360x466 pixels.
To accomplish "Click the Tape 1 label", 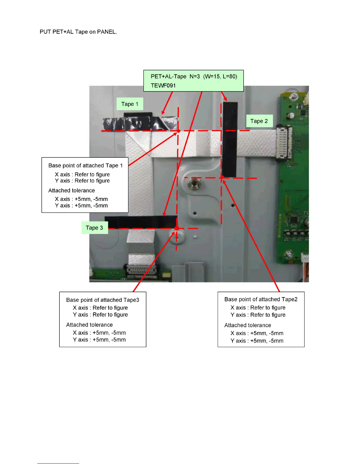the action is click(x=130, y=104).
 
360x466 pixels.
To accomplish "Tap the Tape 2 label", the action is click(x=259, y=121).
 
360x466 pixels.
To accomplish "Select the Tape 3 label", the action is click(x=94, y=228).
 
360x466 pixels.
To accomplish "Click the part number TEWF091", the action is click(x=163, y=86).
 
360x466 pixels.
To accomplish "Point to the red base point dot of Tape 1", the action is click(x=178, y=131).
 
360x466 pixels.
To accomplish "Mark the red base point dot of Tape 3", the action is click(x=177, y=228).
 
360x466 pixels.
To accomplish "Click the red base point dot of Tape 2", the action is click(x=222, y=177).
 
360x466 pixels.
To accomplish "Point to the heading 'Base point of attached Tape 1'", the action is click(x=85, y=166).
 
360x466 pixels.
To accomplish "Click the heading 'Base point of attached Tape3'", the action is click(x=103, y=300).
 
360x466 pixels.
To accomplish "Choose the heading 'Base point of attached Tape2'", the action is click(x=261, y=299).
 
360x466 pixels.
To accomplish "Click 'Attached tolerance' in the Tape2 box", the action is click(x=248, y=325).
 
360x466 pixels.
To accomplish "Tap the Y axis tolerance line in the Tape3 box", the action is click(x=99, y=340).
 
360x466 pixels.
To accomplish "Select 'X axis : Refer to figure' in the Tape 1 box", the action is click(x=82, y=174).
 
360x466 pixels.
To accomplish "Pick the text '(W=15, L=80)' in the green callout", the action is click(x=220, y=76).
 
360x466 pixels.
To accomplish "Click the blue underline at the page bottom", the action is click(x=58, y=463).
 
